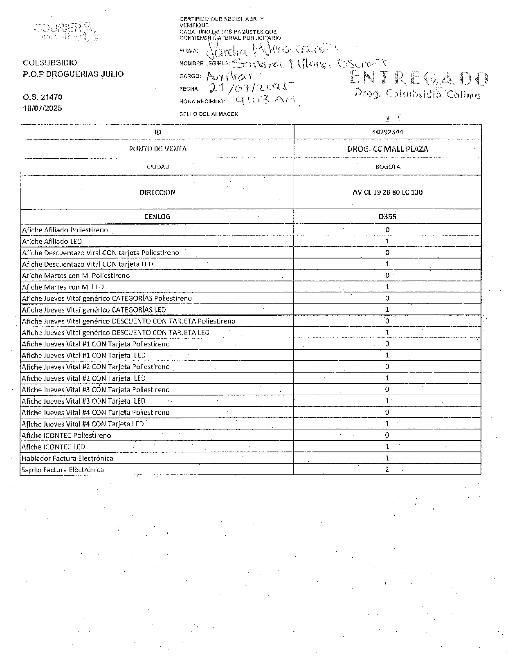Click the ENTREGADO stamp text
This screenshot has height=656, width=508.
pyautogui.click(x=419, y=79)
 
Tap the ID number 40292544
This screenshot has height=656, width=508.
pyautogui.click(x=387, y=132)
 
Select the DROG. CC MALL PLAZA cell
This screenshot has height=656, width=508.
pyautogui.click(x=387, y=149)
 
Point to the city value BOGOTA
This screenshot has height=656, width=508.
pyautogui.click(x=388, y=167)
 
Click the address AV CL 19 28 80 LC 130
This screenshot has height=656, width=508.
pyautogui.click(x=387, y=192)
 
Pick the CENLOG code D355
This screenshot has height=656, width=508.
pyautogui.click(x=387, y=217)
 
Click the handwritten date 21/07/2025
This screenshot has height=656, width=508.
pyautogui.click(x=252, y=87)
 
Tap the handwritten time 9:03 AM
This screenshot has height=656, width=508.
pyautogui.click(x=266, y=99)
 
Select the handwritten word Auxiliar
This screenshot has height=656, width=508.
pyautogui.click(x=229, y=76)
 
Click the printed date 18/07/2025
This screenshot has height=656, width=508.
pyautogui.click(x=43, y=108)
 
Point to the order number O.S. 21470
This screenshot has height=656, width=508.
pyautogui.click(x=43, y=97)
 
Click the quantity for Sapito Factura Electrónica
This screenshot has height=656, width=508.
pyautogui.click(x=387, y=470)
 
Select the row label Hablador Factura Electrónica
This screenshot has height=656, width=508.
pyautogui.click(x=67, y=458)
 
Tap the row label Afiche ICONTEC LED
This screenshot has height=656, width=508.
pyautogui.click(x=54, y=447)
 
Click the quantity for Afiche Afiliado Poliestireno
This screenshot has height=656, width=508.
pyautogui.click(x=387, y=230)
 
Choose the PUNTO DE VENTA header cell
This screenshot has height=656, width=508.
pyautogui.click(x=157, y=149)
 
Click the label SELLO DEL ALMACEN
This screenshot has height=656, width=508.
pyautogui.click(x=209, y=114)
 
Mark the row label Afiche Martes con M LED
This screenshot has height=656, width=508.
pyautogui.click(x=63, y=287)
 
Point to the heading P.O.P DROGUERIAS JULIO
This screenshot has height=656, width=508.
pyautogui.click(x=73, y=74)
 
